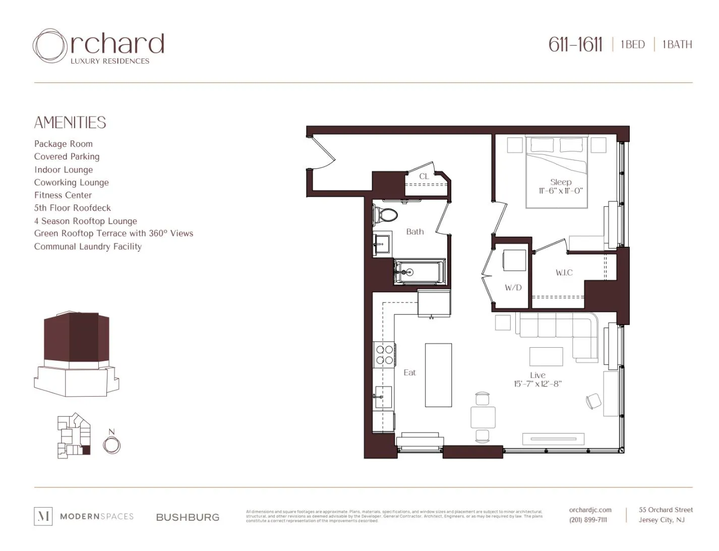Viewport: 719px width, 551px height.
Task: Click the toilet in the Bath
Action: [386, 215]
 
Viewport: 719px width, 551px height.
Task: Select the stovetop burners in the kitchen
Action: [385, 355]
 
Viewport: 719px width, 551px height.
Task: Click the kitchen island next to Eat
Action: [438, 375]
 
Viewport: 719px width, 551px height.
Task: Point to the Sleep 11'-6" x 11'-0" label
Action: [561, 186]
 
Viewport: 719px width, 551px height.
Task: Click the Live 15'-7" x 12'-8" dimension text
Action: [537, 379]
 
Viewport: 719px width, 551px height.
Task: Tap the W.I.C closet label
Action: [564, 272]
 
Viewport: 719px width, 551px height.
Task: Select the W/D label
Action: [513, 288]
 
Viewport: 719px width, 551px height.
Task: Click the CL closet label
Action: [424, 176]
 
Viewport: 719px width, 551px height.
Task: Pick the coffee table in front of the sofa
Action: [546, 356]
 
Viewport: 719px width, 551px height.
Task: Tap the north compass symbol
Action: [111, 445]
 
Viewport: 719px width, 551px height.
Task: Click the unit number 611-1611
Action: [575, 44]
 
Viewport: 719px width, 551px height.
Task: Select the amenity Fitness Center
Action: [63, 195]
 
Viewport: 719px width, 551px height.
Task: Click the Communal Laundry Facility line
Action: [88, 247]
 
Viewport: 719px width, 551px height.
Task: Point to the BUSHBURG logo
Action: [188, 517]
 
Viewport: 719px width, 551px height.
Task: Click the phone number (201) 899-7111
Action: [588, 520]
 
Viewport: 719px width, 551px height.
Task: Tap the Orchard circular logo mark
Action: [50, 46]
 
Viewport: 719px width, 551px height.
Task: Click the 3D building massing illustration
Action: [77, 353]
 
